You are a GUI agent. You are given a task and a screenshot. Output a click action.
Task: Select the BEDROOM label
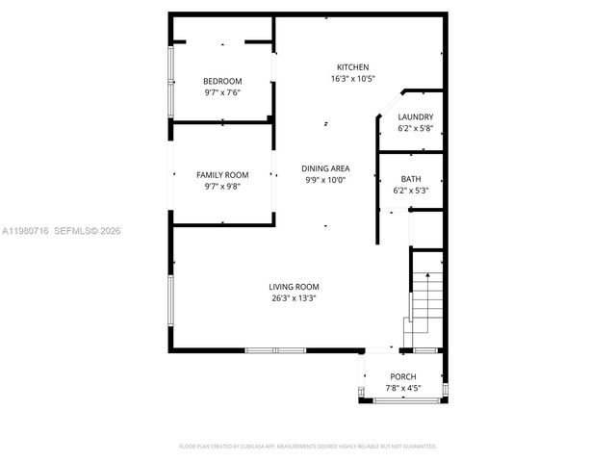click(x=222, y=81)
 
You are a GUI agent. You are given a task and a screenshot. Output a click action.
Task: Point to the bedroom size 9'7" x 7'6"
click(x=222, y=93)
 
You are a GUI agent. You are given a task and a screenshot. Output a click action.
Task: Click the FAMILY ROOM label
click(x=222, y=174)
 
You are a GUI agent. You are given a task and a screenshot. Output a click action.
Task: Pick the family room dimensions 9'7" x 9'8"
click(x=222, y=187)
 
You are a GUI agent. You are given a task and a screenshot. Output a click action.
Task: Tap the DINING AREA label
click(x=325, y=167)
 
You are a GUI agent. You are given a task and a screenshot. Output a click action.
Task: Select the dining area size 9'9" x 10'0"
click(x=325, y=180)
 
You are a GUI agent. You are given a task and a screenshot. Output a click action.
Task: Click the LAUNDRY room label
click(x=416, y=116)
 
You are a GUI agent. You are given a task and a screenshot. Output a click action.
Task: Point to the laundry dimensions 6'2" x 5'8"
click(x=416, y=129)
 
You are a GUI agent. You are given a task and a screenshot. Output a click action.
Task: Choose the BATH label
click(x=411, y=179)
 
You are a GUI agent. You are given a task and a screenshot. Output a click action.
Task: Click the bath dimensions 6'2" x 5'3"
click(x=411, y=192)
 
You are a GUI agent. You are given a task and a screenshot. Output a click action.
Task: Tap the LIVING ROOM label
click(x=294, y=286)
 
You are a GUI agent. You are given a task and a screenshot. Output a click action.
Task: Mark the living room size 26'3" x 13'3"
click(x=294, y=298)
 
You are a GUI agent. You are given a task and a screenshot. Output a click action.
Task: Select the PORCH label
click(x=403, y=376)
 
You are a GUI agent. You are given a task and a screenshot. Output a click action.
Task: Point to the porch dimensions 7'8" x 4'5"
click(x=403, y=389)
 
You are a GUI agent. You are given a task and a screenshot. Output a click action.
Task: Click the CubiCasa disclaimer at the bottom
click(x=308, y=447)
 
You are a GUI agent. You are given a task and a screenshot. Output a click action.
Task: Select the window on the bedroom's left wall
click(x=171, y=81)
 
